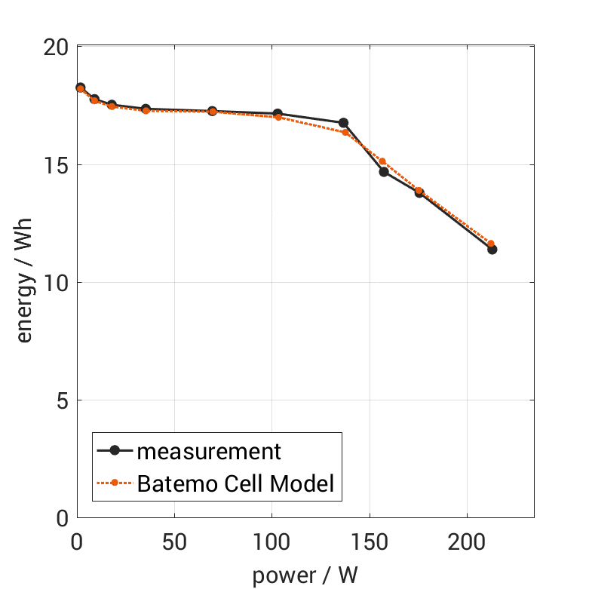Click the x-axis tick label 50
pyautogui.click(x=174, y=542)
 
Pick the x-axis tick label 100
pyautogui.click(x=271, y=542)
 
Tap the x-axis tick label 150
pyautogui.click(x=370, y=542)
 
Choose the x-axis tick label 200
pyautogui.click(x=467, y=542)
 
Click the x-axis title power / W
pyautogui.click(x=305, y=575)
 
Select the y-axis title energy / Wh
pyautogui.click(x=24, y=282)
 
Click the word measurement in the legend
pyautogui.click(x=209, y=452)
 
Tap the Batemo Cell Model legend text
pyautogui.click(x=235, y=483)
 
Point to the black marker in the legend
pyautogui.click(x=115, y=451)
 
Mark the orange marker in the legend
pyautogui.click(x=115, y=483)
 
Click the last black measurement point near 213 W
pyautogui.click(x=492, y=249)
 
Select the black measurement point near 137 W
pyautogui.click(x=344, y=123)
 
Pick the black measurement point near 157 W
pyautogui.click(x=383, y=171)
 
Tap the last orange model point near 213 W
pyautogui.click(x=491, y=244)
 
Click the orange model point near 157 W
pyautogui.click(x=382, y=161)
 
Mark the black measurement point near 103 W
pyautogui.click(x=278, y=114)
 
